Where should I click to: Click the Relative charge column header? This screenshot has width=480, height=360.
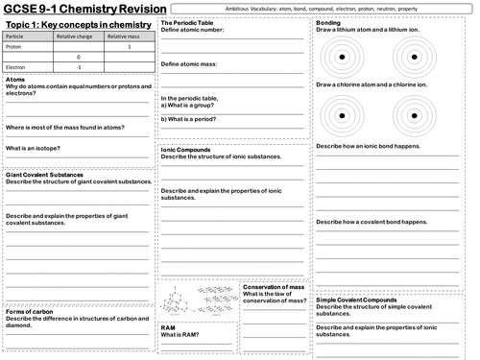[76, 35]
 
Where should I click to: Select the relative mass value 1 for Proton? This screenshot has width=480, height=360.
[142, 45]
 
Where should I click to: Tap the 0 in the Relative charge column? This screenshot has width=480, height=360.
[76, 57]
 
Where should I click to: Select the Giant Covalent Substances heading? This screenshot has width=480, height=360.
[47, 175]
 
